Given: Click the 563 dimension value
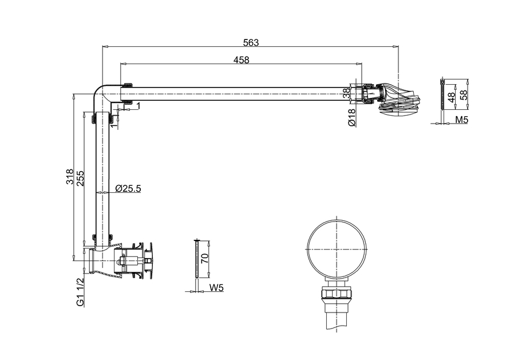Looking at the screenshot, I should pos(251,42).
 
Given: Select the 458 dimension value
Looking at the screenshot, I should pos(241,60).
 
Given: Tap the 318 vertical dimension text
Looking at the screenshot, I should pos(69,176).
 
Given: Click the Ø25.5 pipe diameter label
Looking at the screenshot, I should pos(128,188).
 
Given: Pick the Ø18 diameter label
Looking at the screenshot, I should pos(351,117).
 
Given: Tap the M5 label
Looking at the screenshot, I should pos(461,120).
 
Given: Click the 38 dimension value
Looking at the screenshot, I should pos(346,93).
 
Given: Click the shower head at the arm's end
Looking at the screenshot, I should pos(399,97).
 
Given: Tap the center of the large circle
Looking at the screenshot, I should pos(337,248).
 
